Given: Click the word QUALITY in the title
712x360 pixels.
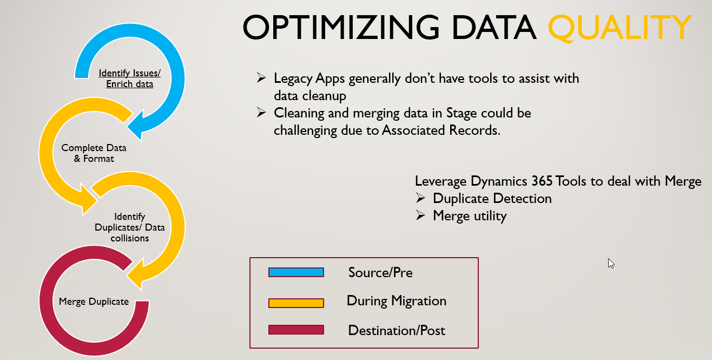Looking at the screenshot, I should pos(620,27).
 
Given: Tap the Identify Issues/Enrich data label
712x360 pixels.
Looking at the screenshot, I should pos(129,78).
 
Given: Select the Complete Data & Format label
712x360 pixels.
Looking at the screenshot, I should pos(94,153).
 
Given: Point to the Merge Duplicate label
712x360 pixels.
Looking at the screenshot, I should pos(94,302).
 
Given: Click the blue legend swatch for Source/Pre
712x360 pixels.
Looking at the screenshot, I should pos(296,272).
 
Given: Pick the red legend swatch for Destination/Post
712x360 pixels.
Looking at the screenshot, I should pos(296,330).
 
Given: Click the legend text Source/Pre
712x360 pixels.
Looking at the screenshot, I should pos(380,272).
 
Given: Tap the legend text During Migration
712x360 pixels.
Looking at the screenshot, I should pos(397,301).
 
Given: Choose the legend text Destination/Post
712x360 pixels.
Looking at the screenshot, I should pos(397,330).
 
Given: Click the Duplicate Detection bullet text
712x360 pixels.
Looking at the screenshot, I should pos(492,199).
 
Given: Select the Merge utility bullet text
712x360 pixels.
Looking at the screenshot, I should pos(470,216).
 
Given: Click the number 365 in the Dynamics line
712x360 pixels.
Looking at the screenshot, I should pos(542,181).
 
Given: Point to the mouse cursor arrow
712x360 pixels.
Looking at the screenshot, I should pos(610,263).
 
